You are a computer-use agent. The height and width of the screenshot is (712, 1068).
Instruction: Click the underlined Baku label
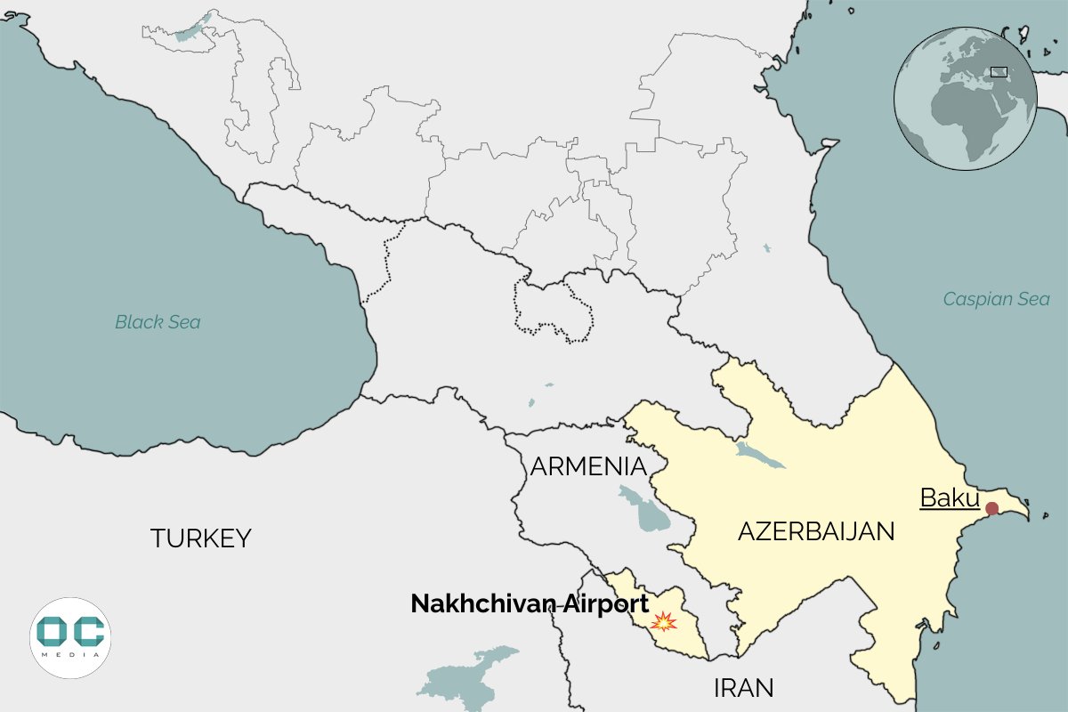pos(949,498)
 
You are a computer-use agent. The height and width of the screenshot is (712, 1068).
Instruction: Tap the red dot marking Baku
pos(992,508)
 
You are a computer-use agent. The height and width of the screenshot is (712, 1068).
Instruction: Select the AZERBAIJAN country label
pos(815,532)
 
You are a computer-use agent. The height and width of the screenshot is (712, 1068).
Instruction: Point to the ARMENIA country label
pos(587,466)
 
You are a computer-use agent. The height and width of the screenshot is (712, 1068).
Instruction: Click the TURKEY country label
pos(200,538)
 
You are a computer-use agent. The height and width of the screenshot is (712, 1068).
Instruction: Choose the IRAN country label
pos(743,687)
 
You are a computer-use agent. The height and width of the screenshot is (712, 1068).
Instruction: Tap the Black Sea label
pos(158,322)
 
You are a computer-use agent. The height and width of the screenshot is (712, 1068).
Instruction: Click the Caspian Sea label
pos(996,299)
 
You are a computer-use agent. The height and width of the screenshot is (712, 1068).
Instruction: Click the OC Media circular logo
pos(70,637)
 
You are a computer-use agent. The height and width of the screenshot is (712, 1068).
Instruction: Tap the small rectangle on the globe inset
pos(999,71)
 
